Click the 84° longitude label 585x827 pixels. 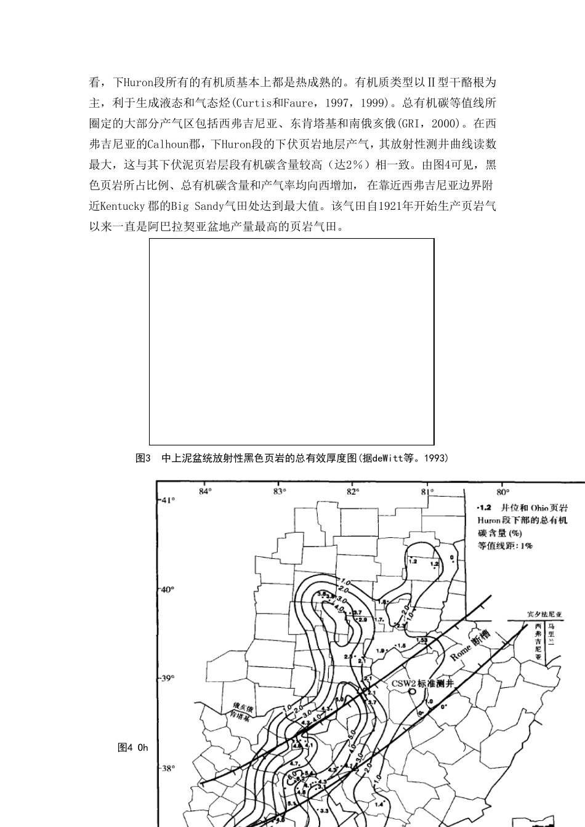coord(205,491)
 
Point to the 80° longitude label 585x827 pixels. coord(501,492)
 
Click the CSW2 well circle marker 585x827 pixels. coord(411,692)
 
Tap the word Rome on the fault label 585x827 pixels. coord(460,652)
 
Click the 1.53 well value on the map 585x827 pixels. coord(422,641)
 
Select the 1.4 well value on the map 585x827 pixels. coord(379,804)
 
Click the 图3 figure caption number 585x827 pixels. coord(143,458)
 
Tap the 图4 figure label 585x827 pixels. coord(125,748)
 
